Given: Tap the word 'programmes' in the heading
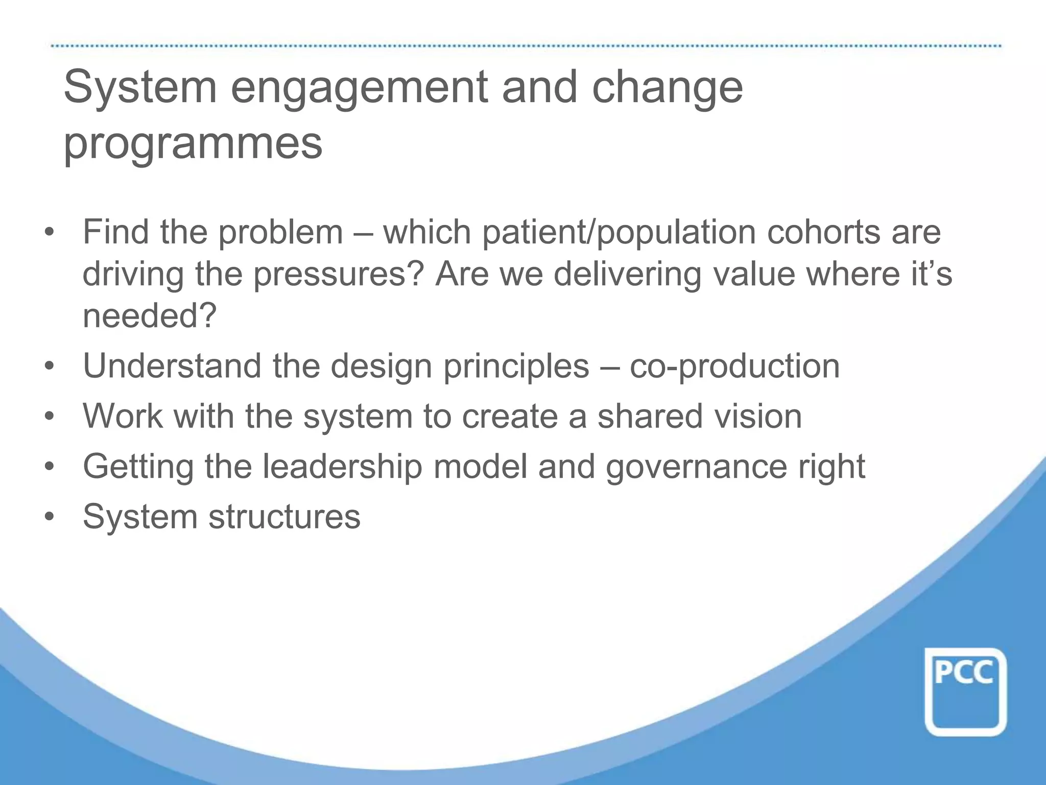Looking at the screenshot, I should click(193, 143).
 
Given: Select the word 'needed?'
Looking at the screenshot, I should click(150, 316).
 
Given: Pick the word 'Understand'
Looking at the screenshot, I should click(172, 366).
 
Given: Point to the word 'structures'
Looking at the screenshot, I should click(284, 517).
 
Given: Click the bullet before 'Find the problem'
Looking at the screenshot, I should click(49, 233).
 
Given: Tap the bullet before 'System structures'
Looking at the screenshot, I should click(49, 517).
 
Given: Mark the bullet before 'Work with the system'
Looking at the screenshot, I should click(49, 417).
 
